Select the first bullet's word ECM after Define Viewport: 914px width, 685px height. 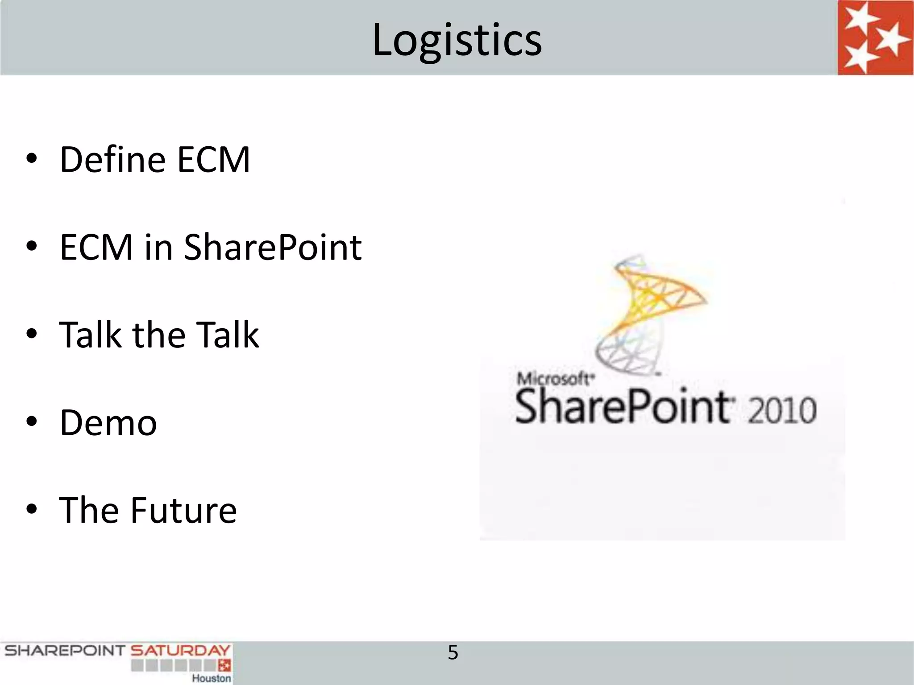coord(213,160)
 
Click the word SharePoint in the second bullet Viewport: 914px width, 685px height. coord(273,248)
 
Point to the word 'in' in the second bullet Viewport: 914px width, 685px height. coord(158,248)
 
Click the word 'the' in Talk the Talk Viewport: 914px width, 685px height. coord(159,335)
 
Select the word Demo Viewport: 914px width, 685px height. coord(108,423)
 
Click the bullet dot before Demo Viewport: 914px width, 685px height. coord(32,421)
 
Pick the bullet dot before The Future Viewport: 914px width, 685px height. coord(32,509)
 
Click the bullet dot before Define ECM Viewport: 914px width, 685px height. coord(32,158)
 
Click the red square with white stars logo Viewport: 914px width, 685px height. coord(875,37)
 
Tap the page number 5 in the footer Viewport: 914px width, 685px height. coord(453,653)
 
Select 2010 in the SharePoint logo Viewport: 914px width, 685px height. coord(782,410)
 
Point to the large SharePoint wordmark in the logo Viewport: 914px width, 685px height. coord(623,407)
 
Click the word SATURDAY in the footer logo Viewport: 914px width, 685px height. coord(180,651)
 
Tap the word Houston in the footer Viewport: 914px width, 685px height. coord(211,678)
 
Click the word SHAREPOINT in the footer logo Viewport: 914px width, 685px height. coord(65,651)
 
